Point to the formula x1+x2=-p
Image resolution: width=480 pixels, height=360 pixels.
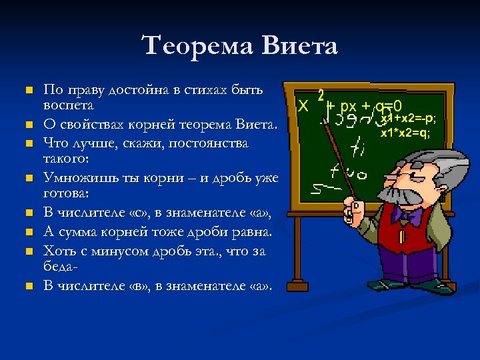click(408, 119)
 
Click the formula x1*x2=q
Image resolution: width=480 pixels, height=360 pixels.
click(405, 133)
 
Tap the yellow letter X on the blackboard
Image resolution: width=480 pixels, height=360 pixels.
click(303, 107)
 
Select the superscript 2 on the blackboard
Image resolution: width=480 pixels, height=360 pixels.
click(321, 95)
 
